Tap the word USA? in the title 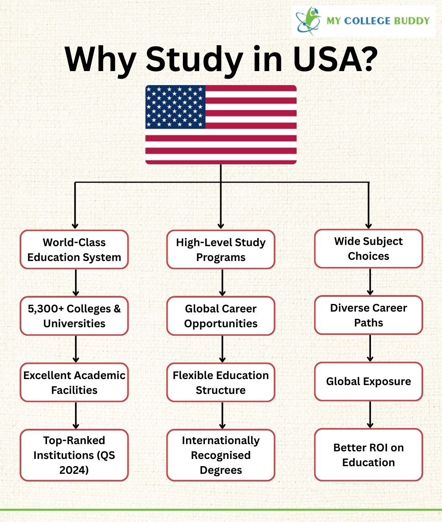pyautogui.click(x=335, y=59)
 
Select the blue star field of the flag pyautogui.click(x=175, y=107)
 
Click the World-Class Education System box pyautogui.click(x=74, y=249)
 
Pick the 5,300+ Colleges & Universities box pyautogui.click(x=74, y=316)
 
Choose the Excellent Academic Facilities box pyautogui.click(x=74, y=382)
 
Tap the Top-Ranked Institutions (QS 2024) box pyautogui.click(x=74, y=455)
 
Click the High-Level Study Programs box pyautogui.click(x=221, y=249)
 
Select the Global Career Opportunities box pyautogui.click(x=221, y=316)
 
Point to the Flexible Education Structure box pyautogui.click(x=221, y=382)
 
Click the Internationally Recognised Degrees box pyautogui.click(x=221, y=455)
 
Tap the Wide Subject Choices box pyautogui.click(x=369, y=249)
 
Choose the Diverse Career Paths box pyautogui.click(x=369, y=315)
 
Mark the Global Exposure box pyautogui.click(x=369, y=381)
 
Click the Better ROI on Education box pyautogui.click(x=369, y=455)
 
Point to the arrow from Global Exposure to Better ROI pyautogui.click(x=370, y=415)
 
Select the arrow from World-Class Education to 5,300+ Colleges pyautogui.click(x=76, y=283)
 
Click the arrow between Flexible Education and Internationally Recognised pyautogui.click(x=222, y=416)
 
